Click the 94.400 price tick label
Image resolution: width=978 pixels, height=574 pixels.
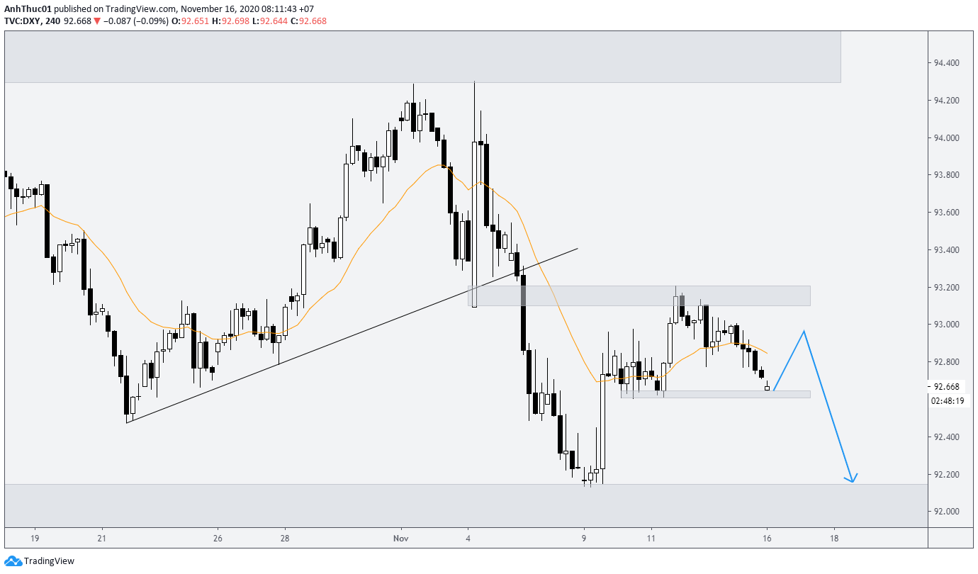click(946, 63)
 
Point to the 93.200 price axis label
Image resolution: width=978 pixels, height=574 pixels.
click(946, 287)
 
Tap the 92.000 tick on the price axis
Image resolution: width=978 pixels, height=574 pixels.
click(946, 512)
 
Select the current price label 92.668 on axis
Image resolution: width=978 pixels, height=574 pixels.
click(946, 386)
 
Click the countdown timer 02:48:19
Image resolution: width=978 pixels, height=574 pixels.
click(947, 401)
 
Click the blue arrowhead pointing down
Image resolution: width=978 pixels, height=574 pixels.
click(852, 480)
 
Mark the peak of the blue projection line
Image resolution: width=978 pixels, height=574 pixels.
click(804, 331)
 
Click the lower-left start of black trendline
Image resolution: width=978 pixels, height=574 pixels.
click(127, 422)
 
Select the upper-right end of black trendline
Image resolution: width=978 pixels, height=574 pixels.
click(578, 249)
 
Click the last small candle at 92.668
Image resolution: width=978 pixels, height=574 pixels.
click(767, 388)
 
